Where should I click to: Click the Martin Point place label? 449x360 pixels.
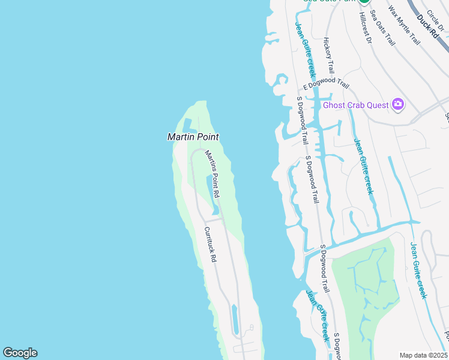[193, 137]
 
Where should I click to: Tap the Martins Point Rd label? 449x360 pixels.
[212, 174]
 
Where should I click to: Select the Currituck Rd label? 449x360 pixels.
[209, 245]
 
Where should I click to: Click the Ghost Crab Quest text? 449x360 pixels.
[356, 105]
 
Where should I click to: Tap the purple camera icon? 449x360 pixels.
[397, 105]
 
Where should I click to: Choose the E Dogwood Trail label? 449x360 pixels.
[326, 84]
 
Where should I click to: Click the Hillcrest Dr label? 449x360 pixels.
[366, 28]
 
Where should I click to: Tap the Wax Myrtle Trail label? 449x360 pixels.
[404, 26]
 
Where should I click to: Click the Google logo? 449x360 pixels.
[20, 353]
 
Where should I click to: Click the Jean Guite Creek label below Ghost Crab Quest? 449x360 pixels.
[363, 166]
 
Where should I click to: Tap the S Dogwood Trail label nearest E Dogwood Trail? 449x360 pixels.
[303, 120]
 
